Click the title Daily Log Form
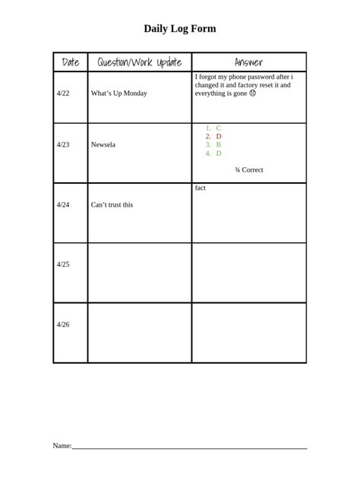pyautogui.click(x=180, y=29)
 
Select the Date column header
pyautogui.click(x=71, y=62)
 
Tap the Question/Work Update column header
pyautogui.click(x=140, y=62)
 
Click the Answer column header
pyautogui.click(x=248, y=62)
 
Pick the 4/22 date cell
pyautogui.click(x=63, y=93)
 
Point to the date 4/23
pyautogui.click(x=63, y=144)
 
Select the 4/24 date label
pyautogui.click(x=63, y=204)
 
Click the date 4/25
pyautogui.click(x=63, y=264)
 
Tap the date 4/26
pyautogui.click(x=63, y=324)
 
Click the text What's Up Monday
pyautogui.click(x=118, y=93)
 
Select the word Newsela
pyautogui.click(x=103, y=144)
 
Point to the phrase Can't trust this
pyautogui.click(x=112, y=204)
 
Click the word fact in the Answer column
pyautogui.click(x=201, y=188)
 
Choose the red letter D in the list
pyautogui.click(x=219, y=137)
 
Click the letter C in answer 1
pyautogui.click(x=219, y=128)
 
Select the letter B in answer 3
pyautogui.click(x=219, y=144)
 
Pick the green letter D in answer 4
pyautogui.click(x=219, y=153)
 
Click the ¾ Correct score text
pyautogui.click(x=249, y=170)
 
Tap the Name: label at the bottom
pyautogui.click(x=62, y=445)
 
